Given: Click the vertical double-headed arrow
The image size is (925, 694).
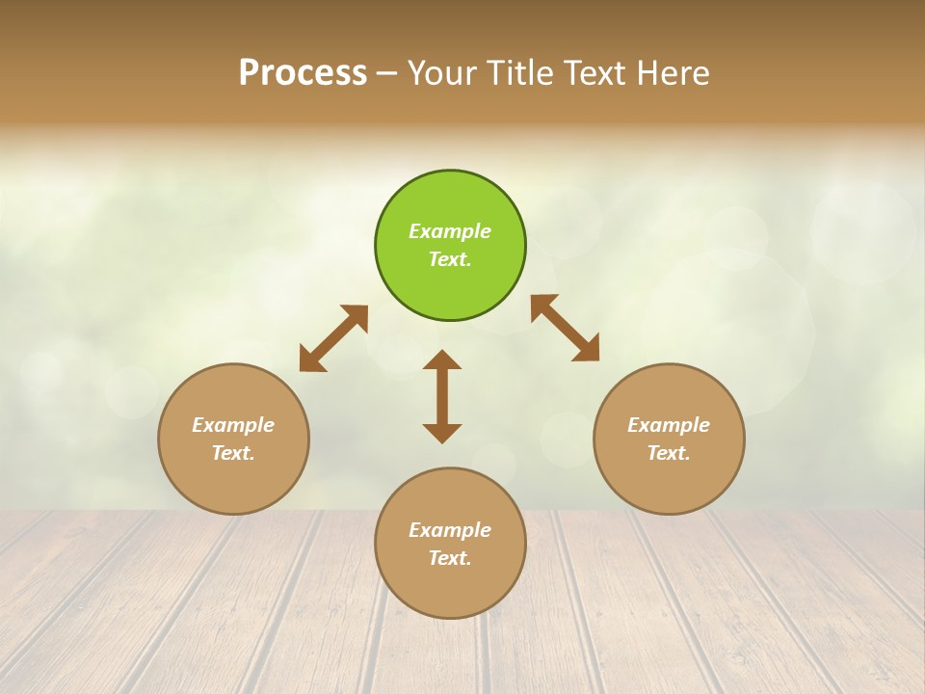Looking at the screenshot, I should coord(442,397).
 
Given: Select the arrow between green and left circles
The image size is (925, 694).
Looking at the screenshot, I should coord(333,338).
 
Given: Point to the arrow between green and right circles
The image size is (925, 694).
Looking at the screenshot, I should coord(565,328).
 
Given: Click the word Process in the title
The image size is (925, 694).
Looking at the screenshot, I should coord(303,73).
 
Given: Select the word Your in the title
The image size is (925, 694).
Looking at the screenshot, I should coord(442,73).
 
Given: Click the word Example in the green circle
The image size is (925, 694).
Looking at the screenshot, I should coord(450,231).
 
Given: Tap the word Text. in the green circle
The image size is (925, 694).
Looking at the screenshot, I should coord(450,259).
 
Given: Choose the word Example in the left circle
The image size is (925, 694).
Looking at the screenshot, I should coord(233,425).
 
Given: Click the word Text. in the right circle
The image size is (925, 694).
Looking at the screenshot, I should coord(669,453).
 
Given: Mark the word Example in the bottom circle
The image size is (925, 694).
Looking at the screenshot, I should coord(450,530).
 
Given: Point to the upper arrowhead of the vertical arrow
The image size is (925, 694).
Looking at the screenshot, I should coord(442,360).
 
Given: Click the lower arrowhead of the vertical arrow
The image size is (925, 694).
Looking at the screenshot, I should coord(442,433).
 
